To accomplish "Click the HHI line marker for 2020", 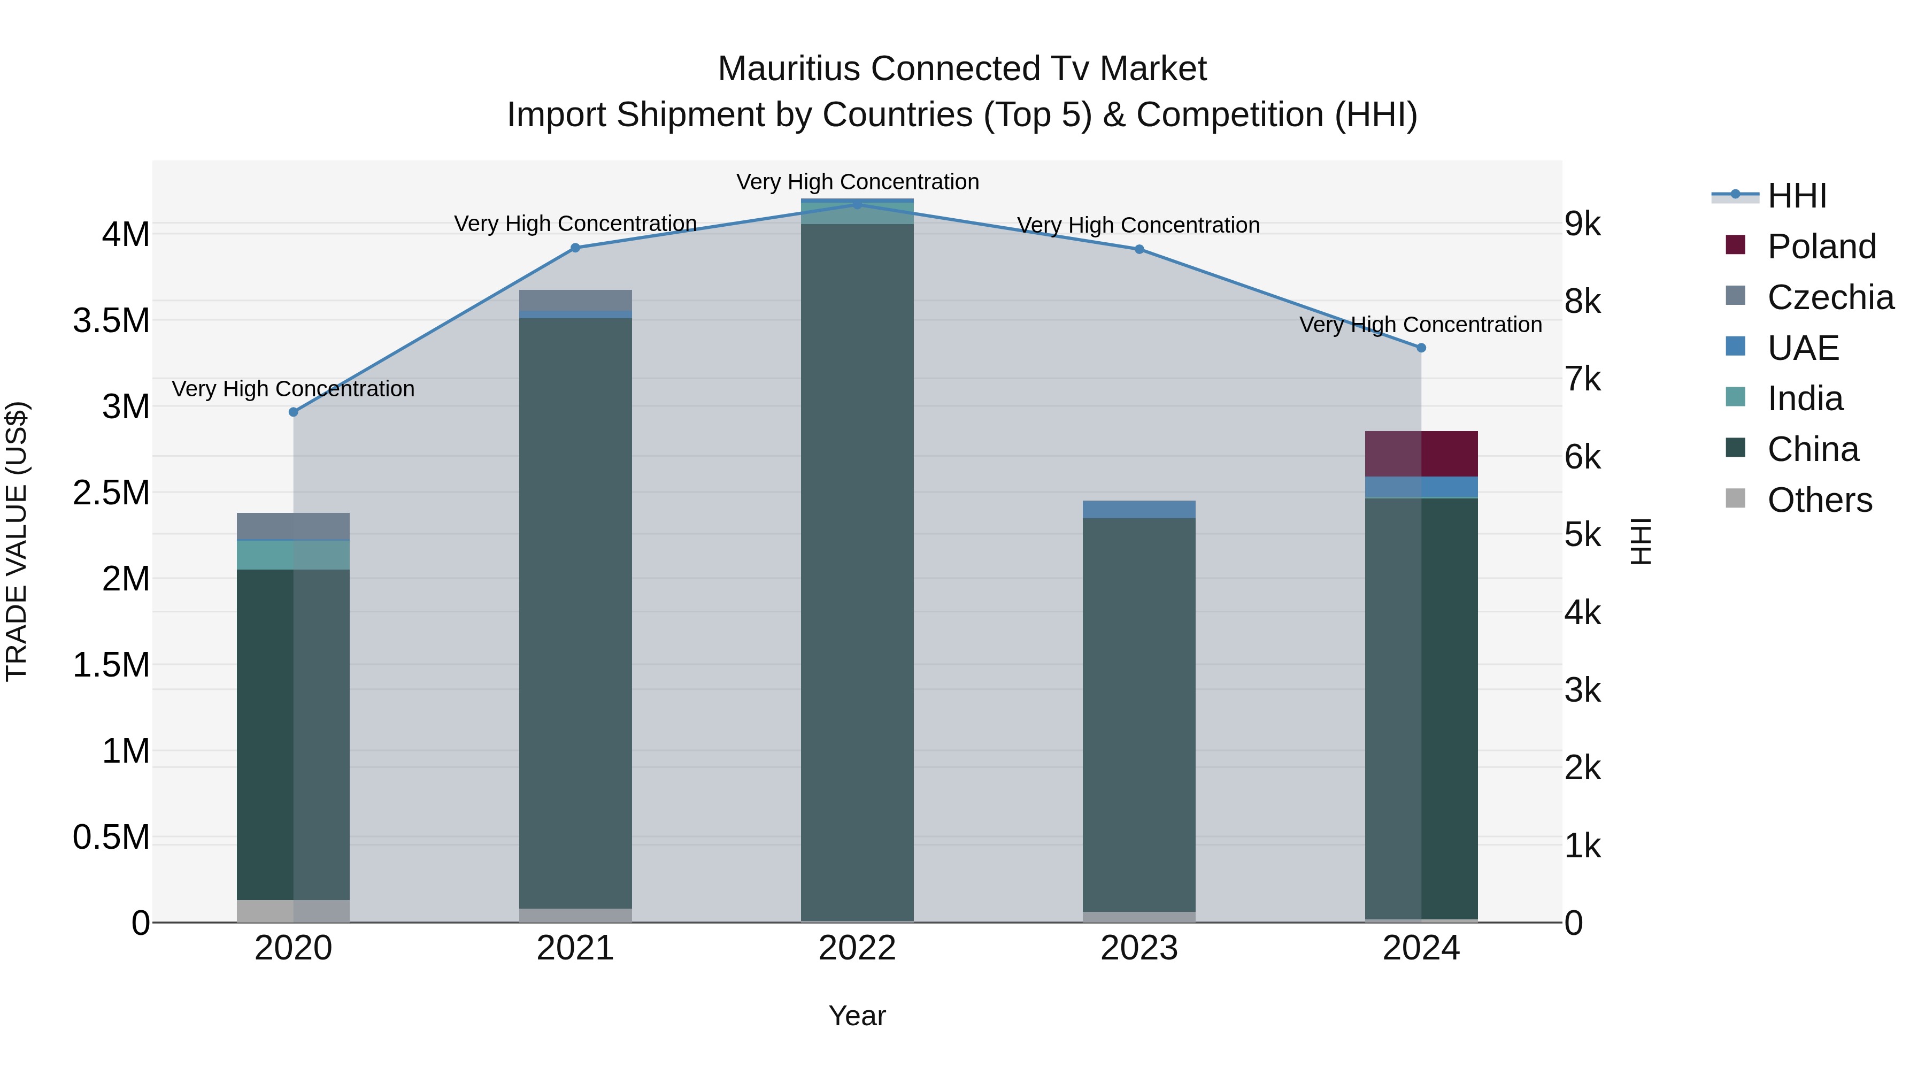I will pos(293,412).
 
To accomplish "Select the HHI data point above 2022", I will pos(857,204).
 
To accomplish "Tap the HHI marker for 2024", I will pos(1421,348).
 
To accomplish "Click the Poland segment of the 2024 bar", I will pos(1421,454).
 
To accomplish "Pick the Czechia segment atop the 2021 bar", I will pos(575,299).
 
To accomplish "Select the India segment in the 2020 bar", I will pos(293,555).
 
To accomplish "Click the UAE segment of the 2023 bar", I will pos(1139,509).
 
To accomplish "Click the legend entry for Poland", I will pos(1821,247).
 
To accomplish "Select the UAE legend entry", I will pos(1803,348).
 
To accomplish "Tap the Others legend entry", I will pos(1819,500).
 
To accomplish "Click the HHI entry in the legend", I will pos(1797,196).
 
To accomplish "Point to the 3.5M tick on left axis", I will pos(111,321).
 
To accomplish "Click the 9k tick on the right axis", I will pos(1583,224).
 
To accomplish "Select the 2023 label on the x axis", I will pos(1139,948).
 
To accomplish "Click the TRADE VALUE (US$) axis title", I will pos(17,541).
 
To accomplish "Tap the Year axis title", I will pos(857,1016).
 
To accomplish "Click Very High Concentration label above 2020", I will pos(293,389).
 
